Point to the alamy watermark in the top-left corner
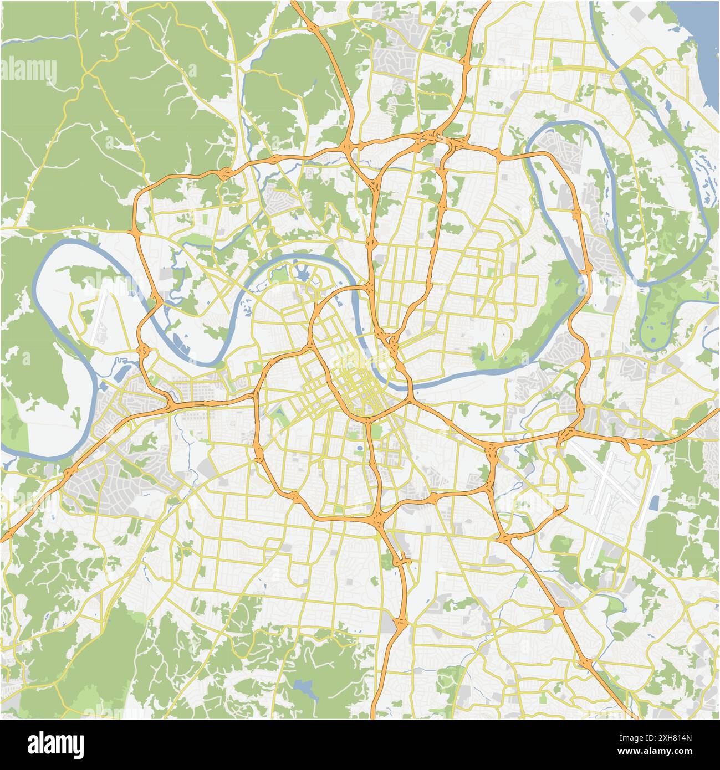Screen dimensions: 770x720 tap(29, 70)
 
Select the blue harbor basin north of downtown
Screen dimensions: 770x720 tap(302, 273)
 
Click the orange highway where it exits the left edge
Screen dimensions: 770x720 tap(4, 537)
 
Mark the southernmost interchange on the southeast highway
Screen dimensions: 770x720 tap(585, 662)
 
